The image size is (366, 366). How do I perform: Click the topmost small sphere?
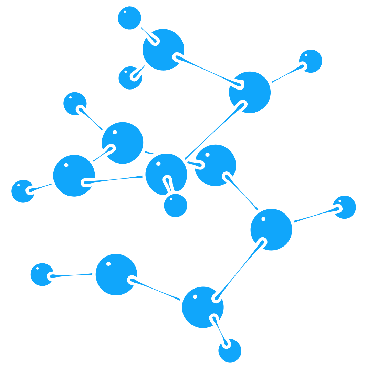[129, 18]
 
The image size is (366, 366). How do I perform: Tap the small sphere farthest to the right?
[344, 207]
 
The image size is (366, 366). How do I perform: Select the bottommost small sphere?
[230, 351]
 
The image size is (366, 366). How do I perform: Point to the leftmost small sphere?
[23, 191]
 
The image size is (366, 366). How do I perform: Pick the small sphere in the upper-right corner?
[311, 61]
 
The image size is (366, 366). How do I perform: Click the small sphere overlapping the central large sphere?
[176, 206]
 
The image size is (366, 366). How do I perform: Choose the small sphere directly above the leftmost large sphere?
[75, 104]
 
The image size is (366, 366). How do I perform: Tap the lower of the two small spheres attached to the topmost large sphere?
[130, 78]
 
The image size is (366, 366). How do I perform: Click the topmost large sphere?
[163, 50]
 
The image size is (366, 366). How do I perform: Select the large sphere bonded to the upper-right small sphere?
[250, 92]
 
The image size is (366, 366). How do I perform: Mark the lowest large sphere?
[203, 307]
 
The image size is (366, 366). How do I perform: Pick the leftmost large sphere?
[74, 176]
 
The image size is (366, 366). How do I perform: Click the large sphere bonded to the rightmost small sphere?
[271, 229]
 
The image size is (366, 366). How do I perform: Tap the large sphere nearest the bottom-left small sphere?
[116, 274]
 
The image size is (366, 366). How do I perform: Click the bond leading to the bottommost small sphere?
[220, 331]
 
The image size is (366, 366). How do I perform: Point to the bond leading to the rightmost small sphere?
[315, 215]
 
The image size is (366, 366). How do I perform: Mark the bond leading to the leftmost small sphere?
[41, 187]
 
